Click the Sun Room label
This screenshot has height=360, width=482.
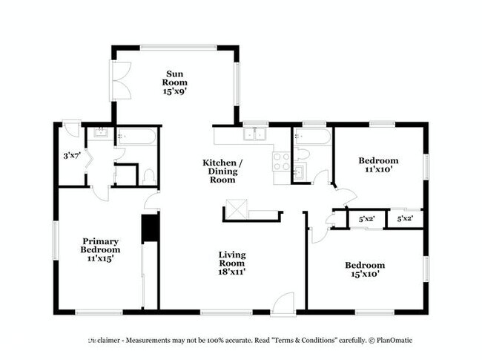coord(175,82)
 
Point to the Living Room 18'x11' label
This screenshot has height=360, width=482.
coord(231,264)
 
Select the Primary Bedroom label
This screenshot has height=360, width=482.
coord(101,249)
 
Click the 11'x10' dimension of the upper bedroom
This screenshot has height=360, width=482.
coord(378,169)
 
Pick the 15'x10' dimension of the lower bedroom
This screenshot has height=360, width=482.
coord(364,275)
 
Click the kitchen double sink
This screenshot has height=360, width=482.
coord(257,134)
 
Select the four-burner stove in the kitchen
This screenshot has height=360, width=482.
coord(282,161)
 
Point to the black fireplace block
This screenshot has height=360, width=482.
coord(151,228)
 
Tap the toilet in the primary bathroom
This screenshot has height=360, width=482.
coord(148,176)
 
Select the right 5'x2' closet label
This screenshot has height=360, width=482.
coord(405,219)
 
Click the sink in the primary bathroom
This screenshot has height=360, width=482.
coord(99,136)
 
